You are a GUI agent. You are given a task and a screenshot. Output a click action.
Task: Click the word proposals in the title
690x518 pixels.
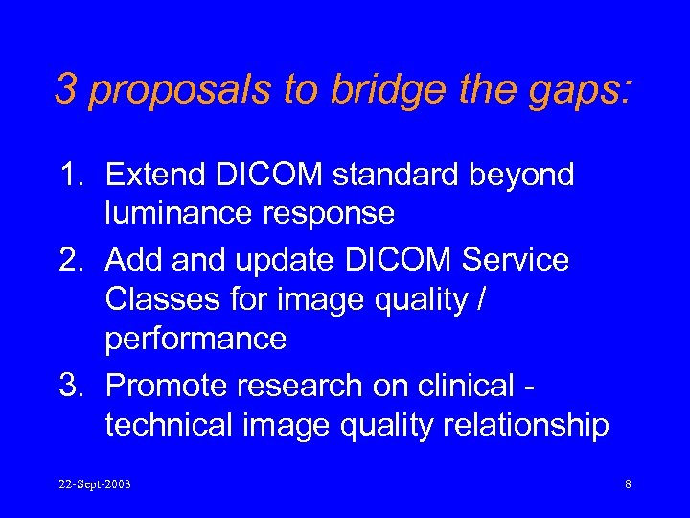pos(179,89)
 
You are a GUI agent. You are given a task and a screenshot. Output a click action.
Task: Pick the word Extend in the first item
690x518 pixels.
pos(152,175)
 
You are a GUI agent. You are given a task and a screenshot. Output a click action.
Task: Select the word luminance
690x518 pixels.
pos(178,214)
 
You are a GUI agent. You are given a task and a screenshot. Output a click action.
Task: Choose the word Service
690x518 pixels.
pos(513,259)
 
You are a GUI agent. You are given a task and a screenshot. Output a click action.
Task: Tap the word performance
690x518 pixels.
pos(195,340)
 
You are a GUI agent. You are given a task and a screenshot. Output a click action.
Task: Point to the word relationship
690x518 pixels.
pos(523,425)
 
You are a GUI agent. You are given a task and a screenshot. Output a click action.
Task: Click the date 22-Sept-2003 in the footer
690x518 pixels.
pos(94,484)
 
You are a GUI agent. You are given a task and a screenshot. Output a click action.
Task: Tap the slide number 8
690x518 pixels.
pos(628,484)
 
